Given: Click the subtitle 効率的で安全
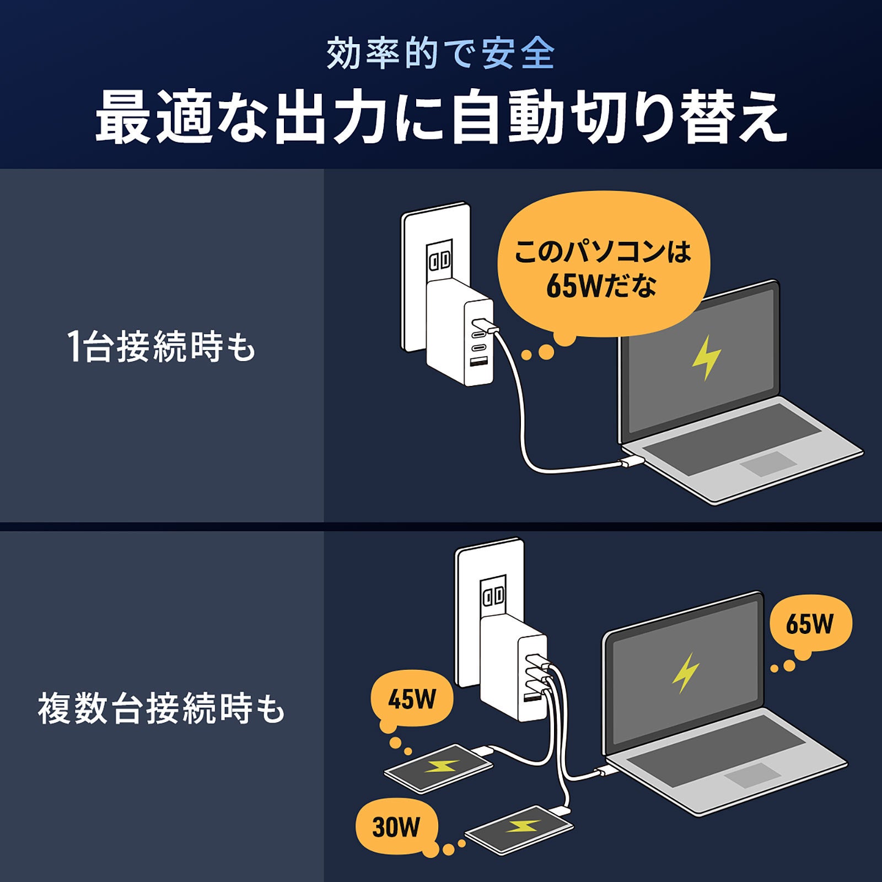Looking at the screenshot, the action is pos(440,53).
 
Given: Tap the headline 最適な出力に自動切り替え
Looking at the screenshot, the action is pos(441,117).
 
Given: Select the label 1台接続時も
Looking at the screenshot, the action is pos(161,347).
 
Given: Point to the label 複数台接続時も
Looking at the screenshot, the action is pos(161,708).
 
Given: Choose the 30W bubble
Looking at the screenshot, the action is pos(396,827).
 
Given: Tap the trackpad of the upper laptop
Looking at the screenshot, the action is pos(768,464).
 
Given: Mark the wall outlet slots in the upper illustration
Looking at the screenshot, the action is pos(439,260).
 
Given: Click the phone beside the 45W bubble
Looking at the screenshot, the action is pos(438,768).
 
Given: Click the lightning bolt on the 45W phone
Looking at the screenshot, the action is pos(440,767).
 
